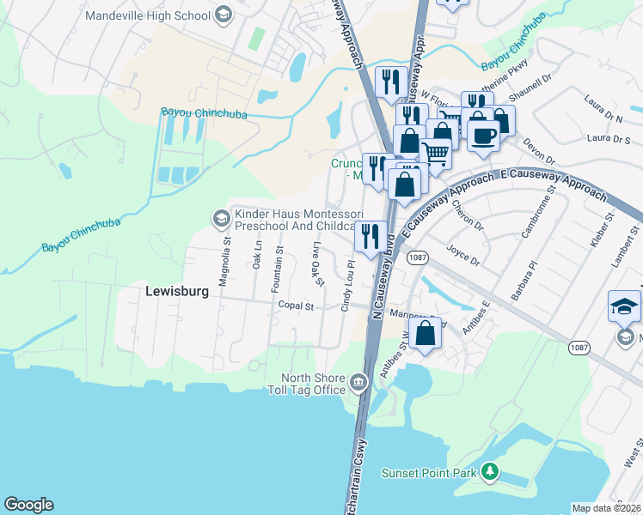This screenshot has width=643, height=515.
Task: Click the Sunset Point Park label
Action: tap(429, 471)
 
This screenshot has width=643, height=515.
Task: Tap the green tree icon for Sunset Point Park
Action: tap(490, 471)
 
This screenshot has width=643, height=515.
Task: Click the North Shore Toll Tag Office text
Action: tap(315, 384)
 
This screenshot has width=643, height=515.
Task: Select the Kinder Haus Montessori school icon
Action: tap(220, 219)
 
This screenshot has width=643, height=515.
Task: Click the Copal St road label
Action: tap(296, 306)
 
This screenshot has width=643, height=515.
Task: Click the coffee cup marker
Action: tap(484, 134)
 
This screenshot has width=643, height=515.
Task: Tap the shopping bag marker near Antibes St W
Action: tap(426, 333)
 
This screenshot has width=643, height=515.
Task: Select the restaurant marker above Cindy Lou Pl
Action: tap(371, 235)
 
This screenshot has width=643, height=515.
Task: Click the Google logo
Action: tap(28, 505)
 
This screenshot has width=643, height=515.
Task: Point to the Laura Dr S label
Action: tap(609, 138)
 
